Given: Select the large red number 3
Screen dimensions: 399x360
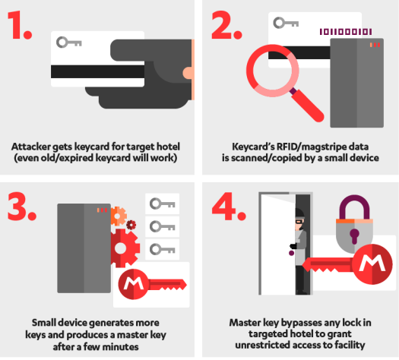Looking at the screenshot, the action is [x=18, y=206].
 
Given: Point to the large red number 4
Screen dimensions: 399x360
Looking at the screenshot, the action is [x=224, y=206].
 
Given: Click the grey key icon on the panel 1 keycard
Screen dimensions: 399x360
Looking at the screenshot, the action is [x=68, y=43].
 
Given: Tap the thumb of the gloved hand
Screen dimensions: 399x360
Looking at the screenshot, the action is [x=188, y=73].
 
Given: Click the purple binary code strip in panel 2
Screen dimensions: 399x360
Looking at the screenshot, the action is [x=346, y=32].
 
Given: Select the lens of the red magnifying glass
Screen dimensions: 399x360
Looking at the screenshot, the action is [x=273, y=71].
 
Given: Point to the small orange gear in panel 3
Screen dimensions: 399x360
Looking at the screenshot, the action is [x=118, y=216].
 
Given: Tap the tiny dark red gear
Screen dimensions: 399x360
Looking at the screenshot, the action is [x=131, y=225].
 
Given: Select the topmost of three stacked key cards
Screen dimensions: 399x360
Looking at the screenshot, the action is [x=163, y=204].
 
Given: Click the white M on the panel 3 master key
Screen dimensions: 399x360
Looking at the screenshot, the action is [x=132, y=284].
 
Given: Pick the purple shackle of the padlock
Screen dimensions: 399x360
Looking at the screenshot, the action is [x=354, y=207].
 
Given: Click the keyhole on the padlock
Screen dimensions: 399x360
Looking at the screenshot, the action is [x=354, y=235].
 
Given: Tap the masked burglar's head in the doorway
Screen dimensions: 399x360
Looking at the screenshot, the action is [x=299, y=217].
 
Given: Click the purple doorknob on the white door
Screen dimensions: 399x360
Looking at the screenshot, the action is [x=291, y=253].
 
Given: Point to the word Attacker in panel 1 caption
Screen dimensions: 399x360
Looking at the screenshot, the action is [x=31, y=147].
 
